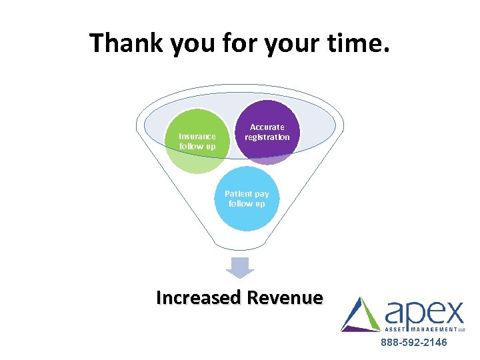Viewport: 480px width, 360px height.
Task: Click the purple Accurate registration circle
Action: click(x=267, y=132)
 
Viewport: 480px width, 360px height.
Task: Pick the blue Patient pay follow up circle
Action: click(x=247, y=199)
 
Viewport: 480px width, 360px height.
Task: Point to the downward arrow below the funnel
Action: click(x=240, y=267)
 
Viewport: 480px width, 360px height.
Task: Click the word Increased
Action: click(x=198, y=297)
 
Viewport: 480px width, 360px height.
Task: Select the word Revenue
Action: click(x=285, y=297)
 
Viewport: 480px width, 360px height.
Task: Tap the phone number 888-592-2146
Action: click(x=414, y=343)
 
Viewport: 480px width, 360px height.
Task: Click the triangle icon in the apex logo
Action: click(x=361, y=315)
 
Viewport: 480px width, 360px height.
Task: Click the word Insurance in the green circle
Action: click(x=197, y=137)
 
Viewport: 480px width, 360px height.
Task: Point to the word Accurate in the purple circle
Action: click(x=267, y=127)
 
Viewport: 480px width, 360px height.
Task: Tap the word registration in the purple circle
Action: click(x=267, y=137)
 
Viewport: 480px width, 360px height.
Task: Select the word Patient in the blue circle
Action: click(x=237, y=194)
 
